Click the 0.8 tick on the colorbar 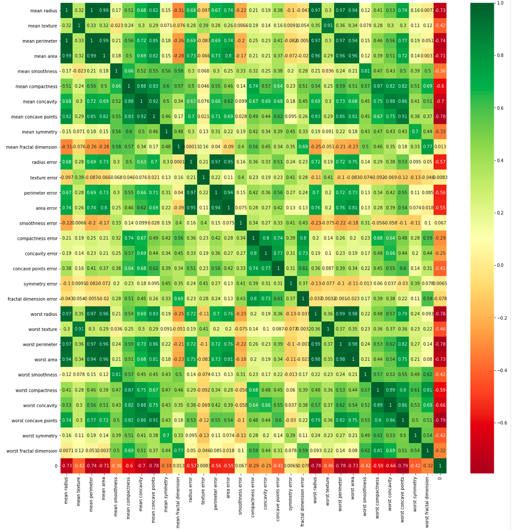pyautogui.click(x=500, y=55)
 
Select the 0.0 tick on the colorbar pyautogui.click(x=500, y=265)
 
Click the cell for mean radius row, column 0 pyautogui.click(x=440, y=10)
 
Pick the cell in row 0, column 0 pyautogui.click(x=440, y=466)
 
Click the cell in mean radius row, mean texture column pyautogui.click(x=79, y=10)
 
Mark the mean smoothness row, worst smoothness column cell pyautogui.click(x=365, y=71)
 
